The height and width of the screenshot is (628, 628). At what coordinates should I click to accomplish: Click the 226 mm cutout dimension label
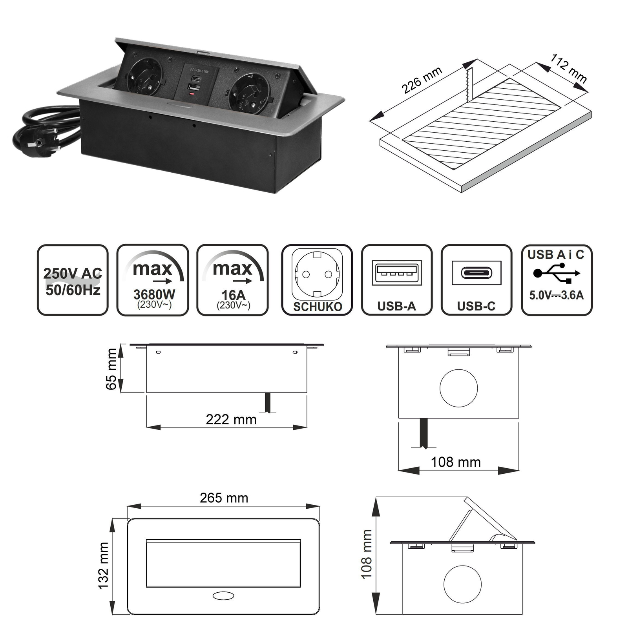coord(422,80)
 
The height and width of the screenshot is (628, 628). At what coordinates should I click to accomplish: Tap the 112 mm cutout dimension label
coord(569,69)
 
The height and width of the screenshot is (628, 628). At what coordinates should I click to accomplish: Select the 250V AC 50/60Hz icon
coord(73,280)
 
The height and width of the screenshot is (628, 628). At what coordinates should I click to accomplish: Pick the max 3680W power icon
coord(153,280)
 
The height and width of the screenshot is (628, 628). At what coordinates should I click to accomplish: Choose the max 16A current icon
coord(233,280)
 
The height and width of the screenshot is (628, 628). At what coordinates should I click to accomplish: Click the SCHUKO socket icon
coord(317,280)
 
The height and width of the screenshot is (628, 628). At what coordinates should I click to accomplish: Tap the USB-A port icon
coord(396,280)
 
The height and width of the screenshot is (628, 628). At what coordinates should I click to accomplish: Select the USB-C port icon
coord(476,280)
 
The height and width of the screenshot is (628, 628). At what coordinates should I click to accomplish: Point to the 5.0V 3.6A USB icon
coord(556,280)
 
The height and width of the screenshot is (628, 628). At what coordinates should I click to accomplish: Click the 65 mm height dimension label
coord(111,369)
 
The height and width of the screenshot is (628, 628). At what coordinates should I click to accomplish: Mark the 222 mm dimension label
coord(231,420)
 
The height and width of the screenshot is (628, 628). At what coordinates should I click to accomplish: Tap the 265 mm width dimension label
coord(224,498)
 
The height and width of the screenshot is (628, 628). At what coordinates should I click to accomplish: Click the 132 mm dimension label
coord(103,566)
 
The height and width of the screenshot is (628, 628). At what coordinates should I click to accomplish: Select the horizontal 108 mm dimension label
coord(456,462)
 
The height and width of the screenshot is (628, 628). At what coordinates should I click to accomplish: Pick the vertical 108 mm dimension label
coord(366,554)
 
